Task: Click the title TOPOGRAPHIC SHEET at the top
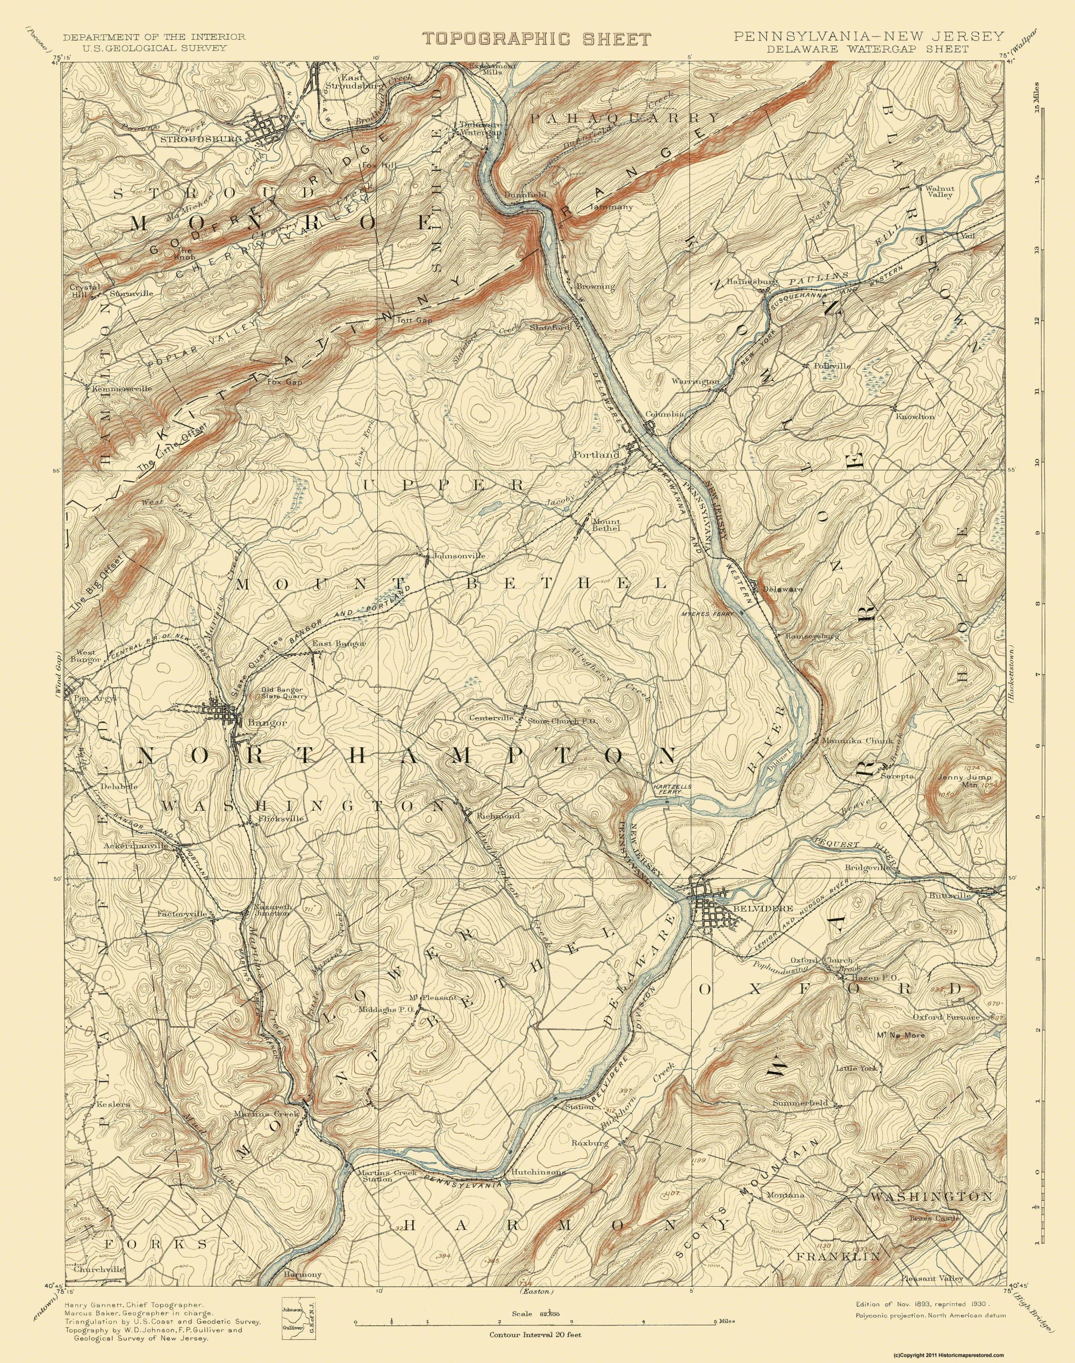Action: tap(537, 39)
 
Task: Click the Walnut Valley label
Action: tap(939, 191)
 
